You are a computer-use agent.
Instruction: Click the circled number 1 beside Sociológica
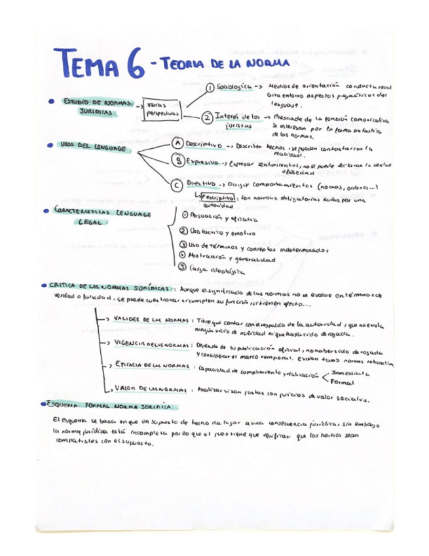click(x=210, y=87)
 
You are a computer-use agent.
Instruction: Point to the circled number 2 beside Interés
click(x=206, y=119)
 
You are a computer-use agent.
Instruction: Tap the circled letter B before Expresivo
click(x=177, y=161)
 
